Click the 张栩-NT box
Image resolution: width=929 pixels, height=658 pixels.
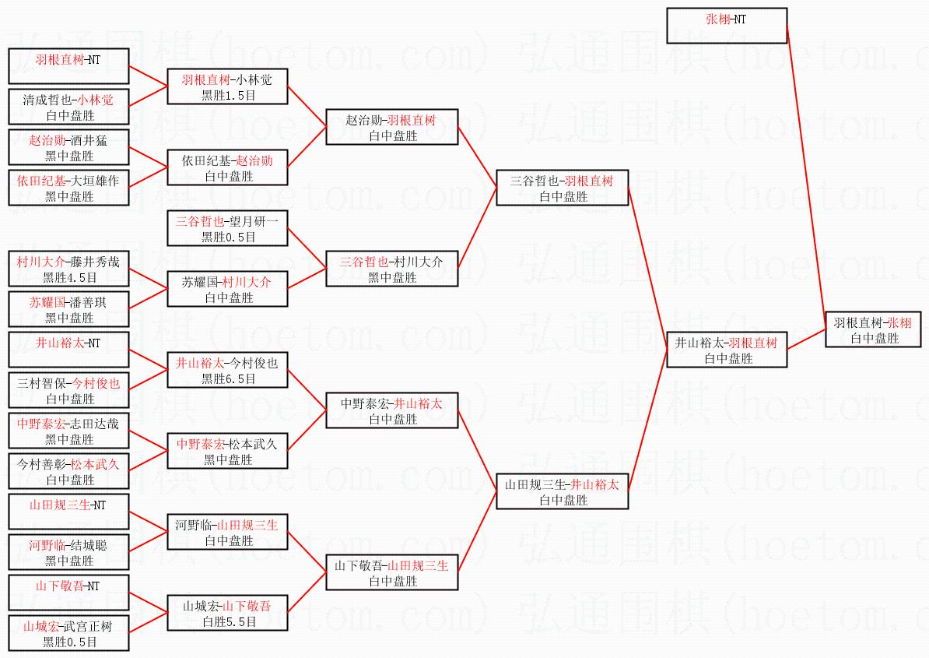pyautogui.click(x=727, y=26)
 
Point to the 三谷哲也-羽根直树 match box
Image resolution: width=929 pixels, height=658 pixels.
pyautogui.click(x=562, y=188)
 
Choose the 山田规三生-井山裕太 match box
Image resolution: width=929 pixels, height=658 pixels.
pyautogui.click(x=562, y=491)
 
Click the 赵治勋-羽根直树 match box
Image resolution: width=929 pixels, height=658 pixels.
pyautogui.click(x=391, y=127)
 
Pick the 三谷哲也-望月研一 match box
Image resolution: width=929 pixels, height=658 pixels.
pyautogui.click(x=228, y=228)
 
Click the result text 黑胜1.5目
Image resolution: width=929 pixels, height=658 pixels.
pyautogui.click(x=228, y=95)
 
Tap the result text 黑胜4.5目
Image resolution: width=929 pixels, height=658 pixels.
pyautogui.click(x=69, y=276)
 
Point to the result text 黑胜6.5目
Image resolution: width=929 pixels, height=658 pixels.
pyautogui.click(x=228, y=378)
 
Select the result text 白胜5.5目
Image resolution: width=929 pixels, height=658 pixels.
pyautogui.click(x=228, y=621)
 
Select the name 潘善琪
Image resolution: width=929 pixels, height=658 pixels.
pyautogui.click(x=86, y=302)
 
